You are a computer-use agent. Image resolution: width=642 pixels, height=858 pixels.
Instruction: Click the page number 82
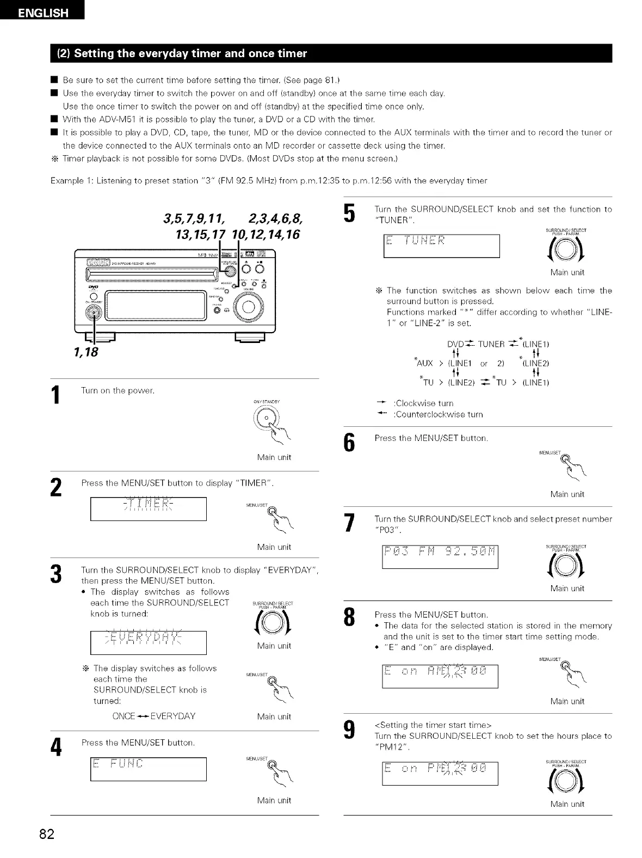(46, 834)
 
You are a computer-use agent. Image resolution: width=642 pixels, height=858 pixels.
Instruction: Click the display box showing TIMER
(148, 509)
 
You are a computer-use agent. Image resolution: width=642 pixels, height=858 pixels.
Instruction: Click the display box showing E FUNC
(148, 769)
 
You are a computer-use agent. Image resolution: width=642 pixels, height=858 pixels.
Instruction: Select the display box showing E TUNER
(441, 245)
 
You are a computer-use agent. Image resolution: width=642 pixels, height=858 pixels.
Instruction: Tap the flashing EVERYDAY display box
(148, 642)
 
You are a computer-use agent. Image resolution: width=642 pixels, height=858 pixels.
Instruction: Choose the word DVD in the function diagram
(455, 344)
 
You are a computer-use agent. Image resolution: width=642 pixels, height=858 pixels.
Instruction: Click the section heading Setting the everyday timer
(190, 53)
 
